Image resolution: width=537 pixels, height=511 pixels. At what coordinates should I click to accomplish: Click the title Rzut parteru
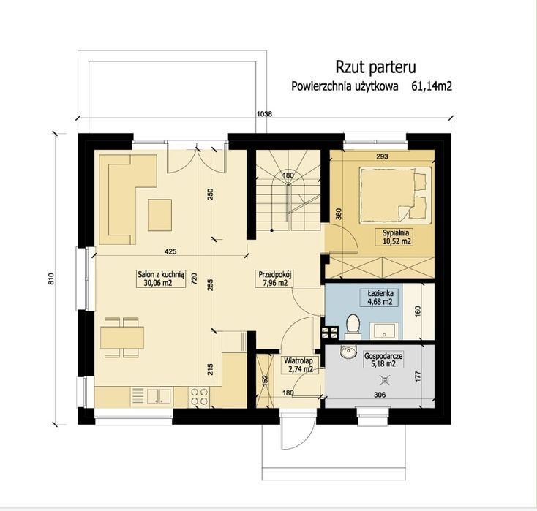[375, 67]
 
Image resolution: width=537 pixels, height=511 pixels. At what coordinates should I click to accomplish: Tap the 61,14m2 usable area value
[432, 86]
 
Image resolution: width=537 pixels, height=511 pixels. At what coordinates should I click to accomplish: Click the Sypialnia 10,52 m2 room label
[396, 237]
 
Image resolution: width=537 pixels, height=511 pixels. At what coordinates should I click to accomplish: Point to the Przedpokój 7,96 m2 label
[275, 279]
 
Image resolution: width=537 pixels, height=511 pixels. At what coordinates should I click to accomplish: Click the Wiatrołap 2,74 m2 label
[298, 365]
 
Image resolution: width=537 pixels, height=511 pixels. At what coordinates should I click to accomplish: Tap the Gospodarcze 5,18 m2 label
[383, 360]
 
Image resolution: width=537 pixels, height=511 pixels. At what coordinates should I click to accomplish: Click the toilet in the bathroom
[353, 326]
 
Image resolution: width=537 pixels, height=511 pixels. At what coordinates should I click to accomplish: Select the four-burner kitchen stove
[199, 396]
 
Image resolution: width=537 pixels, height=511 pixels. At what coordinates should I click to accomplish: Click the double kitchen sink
[159, 396]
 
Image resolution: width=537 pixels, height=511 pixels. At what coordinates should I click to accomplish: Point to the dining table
[122, 338]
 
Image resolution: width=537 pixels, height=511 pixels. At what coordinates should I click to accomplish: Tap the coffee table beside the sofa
[159, 215]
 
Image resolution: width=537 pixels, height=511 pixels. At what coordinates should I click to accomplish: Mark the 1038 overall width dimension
[264, 114]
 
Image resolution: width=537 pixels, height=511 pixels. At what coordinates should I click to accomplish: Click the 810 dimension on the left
[51, 279]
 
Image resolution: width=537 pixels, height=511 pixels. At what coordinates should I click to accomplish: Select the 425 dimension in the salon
[170, 251]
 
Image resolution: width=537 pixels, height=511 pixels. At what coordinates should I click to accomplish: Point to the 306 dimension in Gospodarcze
[380, 395]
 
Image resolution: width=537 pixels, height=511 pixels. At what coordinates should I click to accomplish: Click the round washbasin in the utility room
[347, 352]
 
